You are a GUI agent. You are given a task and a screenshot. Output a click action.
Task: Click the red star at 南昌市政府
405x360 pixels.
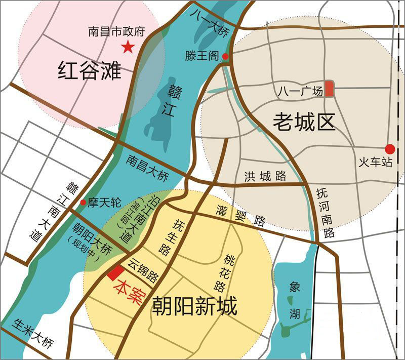point(128,48)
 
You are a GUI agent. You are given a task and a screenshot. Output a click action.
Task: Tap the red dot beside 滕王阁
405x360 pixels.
point(225,56)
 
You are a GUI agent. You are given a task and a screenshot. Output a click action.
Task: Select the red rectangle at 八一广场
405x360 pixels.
point(329,89)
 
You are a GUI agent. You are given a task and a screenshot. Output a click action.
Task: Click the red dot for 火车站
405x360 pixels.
point(389,149)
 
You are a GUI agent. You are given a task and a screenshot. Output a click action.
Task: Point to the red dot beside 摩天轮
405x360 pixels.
point(83,202)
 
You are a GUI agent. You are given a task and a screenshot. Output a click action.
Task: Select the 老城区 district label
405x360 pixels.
point(304,122)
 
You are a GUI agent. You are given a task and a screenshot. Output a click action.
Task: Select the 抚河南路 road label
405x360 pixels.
point(326,213)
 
